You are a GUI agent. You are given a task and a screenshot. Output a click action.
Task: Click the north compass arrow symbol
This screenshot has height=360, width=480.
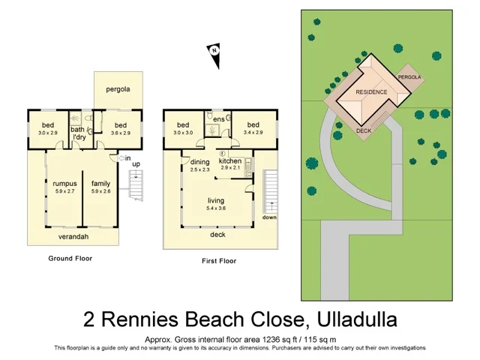coord(214,52)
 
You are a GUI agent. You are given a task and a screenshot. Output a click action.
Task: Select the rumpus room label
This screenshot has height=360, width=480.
coord(64,182)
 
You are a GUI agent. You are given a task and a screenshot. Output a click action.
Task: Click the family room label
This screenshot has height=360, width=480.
coord(101,182)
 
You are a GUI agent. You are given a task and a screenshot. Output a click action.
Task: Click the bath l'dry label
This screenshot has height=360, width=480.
coord(78,133)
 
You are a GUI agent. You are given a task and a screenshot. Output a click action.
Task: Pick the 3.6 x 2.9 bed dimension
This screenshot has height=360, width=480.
coord(119,133)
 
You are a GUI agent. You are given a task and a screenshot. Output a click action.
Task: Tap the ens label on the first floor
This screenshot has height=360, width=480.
coord(219,118)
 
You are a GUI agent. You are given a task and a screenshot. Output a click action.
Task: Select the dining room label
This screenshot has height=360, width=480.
coord(199,161)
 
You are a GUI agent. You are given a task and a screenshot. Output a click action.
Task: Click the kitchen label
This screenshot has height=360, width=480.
coord(229,160)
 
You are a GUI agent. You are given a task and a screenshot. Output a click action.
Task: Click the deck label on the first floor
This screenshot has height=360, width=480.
coord(217,234)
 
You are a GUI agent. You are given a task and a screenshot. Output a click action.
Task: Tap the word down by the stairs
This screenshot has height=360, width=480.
coord(269,217)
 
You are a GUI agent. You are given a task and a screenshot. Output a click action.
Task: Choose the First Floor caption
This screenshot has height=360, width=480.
coord(219,261)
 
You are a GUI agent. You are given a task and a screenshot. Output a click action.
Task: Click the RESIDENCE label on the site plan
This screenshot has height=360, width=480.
coord(371,91)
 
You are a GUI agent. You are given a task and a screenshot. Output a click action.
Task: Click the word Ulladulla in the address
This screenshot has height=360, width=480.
coord(355,319)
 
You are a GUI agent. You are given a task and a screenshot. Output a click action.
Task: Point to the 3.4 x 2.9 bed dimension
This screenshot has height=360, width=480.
coord(253,132)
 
